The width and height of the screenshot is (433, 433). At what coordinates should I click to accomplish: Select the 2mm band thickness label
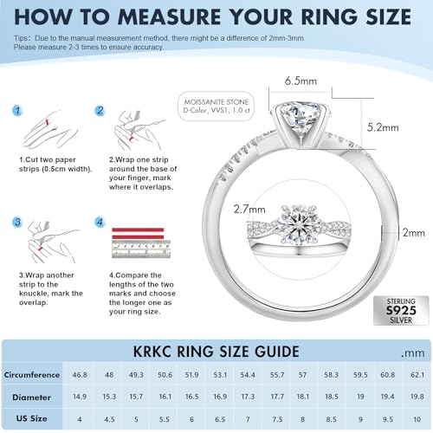413,232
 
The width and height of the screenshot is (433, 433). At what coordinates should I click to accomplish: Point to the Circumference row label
32,375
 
